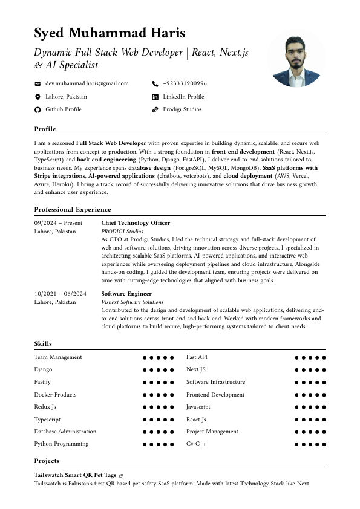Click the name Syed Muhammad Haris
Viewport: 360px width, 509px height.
[110, 33]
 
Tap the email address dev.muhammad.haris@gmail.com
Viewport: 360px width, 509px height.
[87, 83]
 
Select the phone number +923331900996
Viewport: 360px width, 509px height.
[185, 83]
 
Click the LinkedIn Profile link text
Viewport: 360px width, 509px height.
[183, 97]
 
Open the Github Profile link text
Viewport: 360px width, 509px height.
[64, 109]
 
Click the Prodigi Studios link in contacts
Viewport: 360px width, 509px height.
[182, 109]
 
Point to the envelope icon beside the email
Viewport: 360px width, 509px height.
[38, 83]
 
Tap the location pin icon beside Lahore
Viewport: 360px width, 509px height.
[38, 97]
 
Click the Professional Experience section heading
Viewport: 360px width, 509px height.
[73, 209]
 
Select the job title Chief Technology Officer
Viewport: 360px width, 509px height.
[136, 223]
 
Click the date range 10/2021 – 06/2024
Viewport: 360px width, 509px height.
[61, 294]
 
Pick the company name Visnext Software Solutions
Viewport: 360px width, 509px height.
[132, 302]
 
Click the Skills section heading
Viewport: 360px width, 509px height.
[43, 344]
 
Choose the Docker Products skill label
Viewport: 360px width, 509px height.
[55, 395]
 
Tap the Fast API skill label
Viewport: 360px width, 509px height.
[197, 357]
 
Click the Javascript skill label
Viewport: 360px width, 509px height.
[198, 407]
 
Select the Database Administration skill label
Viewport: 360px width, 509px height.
[65, 432]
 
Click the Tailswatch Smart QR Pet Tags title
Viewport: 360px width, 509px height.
[75, 475]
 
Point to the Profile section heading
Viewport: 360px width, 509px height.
[45, 129]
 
